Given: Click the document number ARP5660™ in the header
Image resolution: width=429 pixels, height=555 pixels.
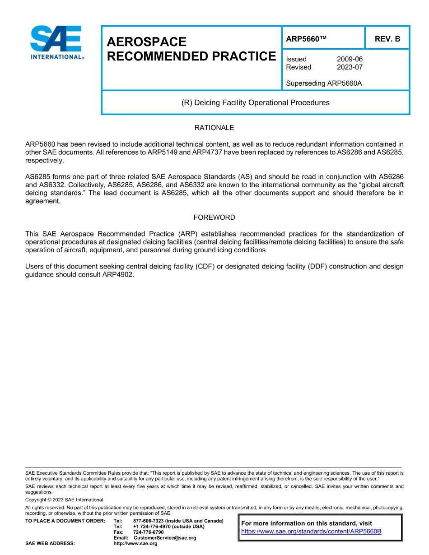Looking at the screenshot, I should pos(306,39).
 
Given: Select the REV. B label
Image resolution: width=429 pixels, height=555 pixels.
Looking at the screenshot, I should pos(387,39).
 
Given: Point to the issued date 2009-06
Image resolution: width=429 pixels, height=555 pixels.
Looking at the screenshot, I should pos(350,59).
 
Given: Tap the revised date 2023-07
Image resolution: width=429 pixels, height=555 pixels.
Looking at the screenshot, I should pos(350,67).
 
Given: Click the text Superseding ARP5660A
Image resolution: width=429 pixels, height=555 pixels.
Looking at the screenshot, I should pos(324,83).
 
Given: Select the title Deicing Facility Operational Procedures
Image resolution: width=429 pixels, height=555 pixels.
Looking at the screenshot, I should pos(255,102).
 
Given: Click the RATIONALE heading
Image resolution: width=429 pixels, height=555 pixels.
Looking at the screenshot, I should pos(214,128).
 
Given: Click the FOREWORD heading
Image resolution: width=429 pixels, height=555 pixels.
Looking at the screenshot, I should pos(214,217).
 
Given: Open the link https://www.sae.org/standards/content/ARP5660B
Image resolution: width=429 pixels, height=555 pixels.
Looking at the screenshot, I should pos(311,532).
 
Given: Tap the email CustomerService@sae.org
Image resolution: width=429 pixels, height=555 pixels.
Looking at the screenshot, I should pos(165,538).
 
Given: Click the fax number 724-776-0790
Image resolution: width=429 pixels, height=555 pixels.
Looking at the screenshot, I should pos(148,532).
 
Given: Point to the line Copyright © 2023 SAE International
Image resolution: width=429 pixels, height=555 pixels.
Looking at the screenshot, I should pos(64,499).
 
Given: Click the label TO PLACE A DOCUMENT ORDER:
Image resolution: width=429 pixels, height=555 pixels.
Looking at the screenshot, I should pos(65,521).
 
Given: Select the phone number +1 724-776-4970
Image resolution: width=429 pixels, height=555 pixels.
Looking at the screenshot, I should pos(151,527).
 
